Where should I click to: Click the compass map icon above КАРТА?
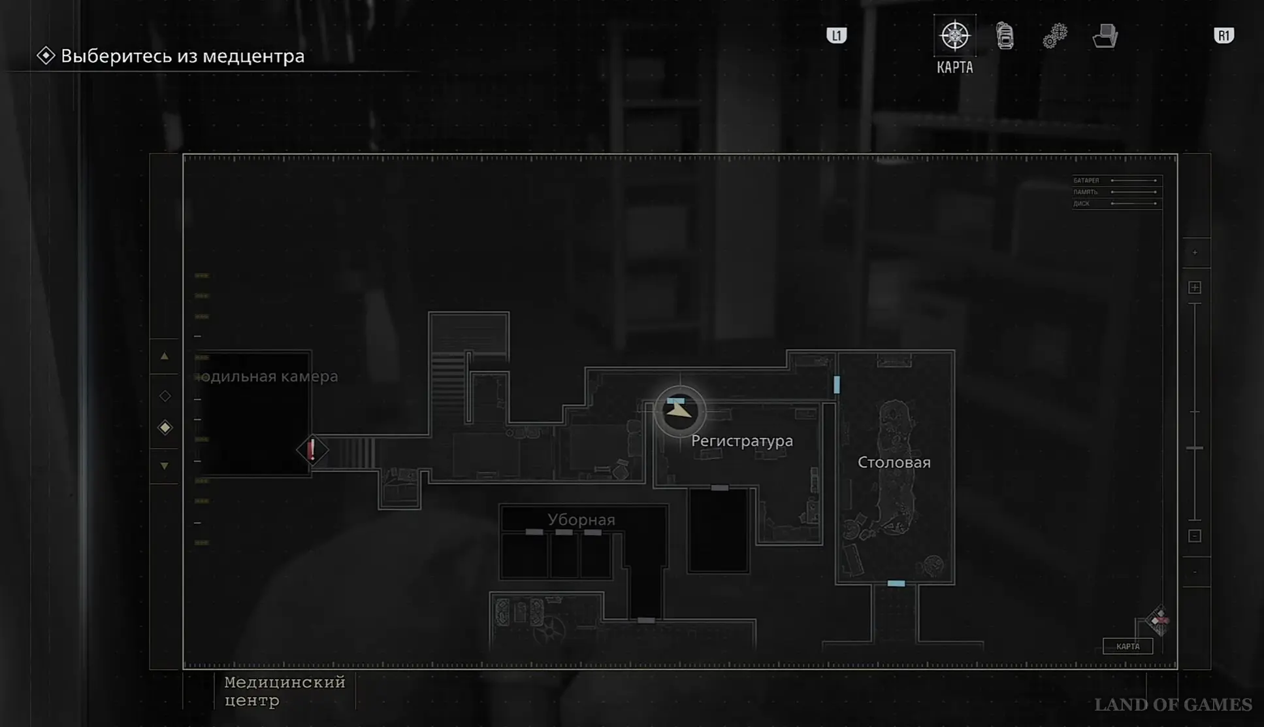point(954,35)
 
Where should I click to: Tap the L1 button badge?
point(836,35)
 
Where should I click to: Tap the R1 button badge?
point(1223,35)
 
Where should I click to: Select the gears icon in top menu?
point(1054,36)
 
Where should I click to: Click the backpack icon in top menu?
point(1005,36)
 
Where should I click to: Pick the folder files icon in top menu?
point(1105,36)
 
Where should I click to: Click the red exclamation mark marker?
point(312,450)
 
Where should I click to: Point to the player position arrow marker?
point(679,411)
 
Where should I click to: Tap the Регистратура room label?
point(741,441)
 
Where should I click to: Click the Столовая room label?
point(894,463)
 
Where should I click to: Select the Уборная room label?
point(581,520)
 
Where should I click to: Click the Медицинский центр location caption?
point(284,691)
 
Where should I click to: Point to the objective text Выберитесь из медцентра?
point(182,56)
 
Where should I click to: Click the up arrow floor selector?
point(165,356)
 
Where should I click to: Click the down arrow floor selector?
point(165,466)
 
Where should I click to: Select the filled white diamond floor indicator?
point(165,428)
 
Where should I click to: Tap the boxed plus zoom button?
point(1194,288)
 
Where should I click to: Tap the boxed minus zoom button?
point(1194,536)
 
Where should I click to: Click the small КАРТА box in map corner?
point(1127,647)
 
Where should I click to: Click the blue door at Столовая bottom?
point(896,583)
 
